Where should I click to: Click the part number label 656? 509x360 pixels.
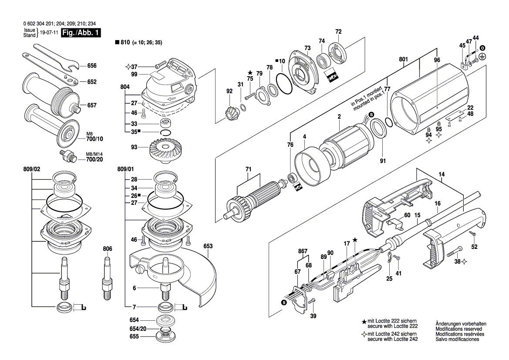[x=91, y=66]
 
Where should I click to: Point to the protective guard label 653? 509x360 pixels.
[x=208, y=246]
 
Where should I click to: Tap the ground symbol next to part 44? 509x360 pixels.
[x=482, y=56]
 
